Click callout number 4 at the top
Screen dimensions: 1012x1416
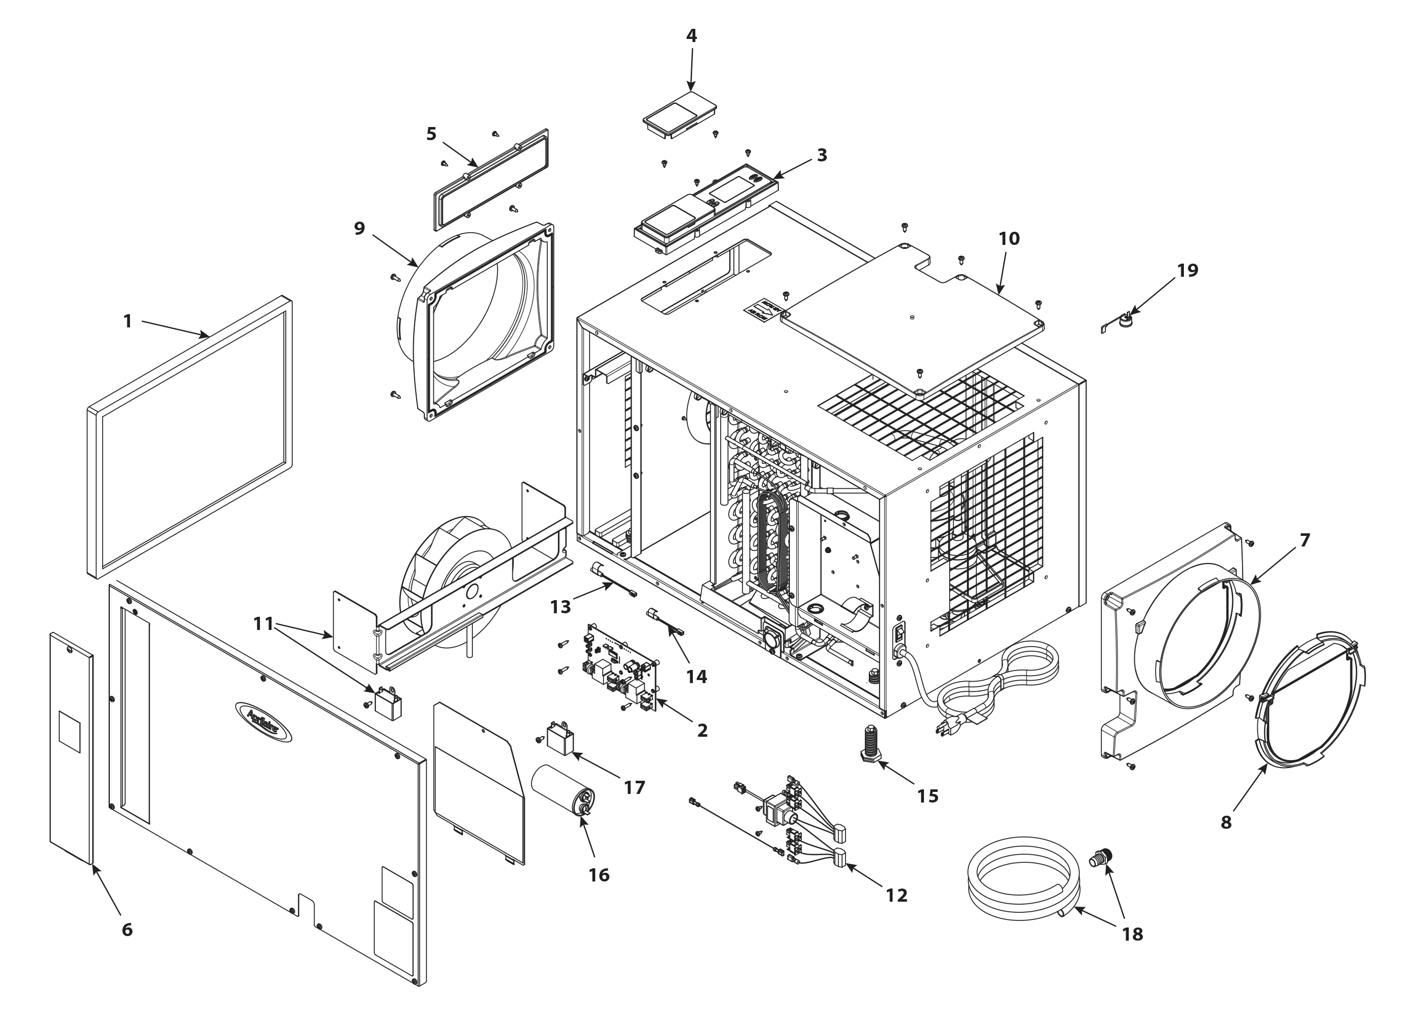[691, 35]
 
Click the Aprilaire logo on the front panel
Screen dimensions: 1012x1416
[263, 722]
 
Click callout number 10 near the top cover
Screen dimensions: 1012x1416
[1009, 239]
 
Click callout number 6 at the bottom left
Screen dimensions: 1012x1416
[127, 930]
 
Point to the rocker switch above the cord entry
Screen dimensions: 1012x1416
[899, 633]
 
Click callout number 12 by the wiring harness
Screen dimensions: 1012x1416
[897, 896]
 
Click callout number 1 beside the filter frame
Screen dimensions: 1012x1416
[127, 321]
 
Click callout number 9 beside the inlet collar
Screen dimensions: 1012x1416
[359, 229]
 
